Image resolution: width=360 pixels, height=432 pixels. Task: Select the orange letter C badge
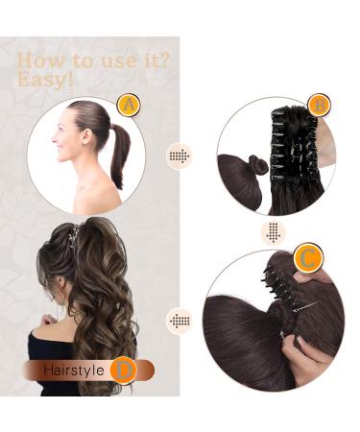(x=308, y=256)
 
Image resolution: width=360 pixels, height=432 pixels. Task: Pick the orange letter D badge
(x=122, y=369)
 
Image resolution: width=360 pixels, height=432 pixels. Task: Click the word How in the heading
(x=39, y=60)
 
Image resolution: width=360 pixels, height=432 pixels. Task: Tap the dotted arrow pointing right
(x=179, y=156)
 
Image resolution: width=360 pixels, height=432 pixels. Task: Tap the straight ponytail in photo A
(x=118, y=154)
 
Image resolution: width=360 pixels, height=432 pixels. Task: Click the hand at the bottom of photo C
(x=312, y=360)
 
